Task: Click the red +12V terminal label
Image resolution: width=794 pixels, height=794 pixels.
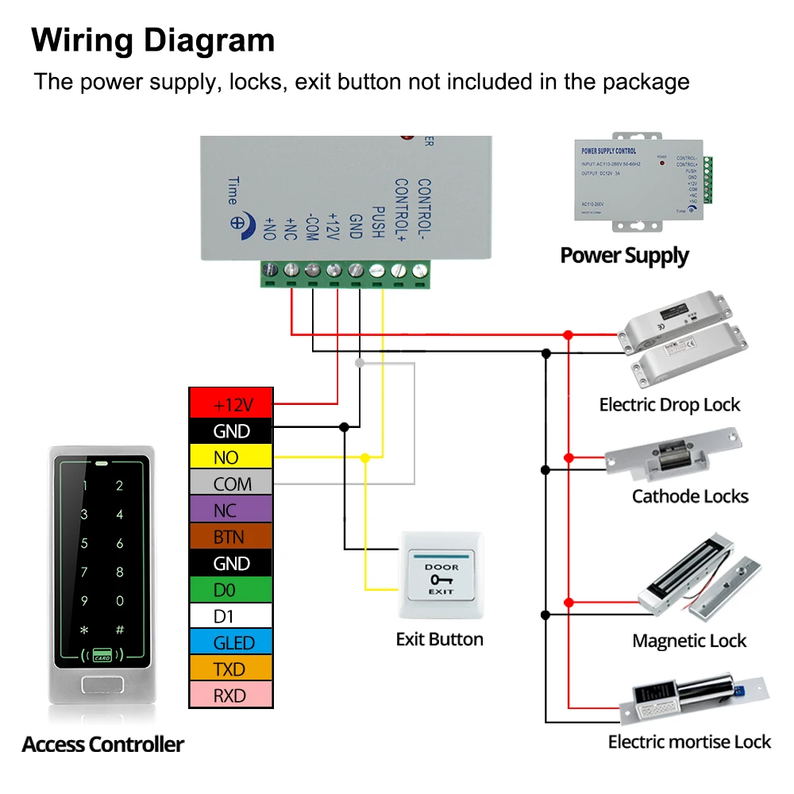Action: coord(231,404)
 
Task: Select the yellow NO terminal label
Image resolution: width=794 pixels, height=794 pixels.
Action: coord(231,457)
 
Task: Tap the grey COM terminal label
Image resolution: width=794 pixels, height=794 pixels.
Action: coord(231,484)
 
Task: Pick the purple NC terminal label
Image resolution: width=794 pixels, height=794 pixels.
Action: coord(231,510)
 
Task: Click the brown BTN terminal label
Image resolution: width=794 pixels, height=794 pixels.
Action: coord(231,537)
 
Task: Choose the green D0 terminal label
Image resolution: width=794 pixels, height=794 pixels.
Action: coord(231,590)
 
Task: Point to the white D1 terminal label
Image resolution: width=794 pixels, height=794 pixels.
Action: coord(231,616)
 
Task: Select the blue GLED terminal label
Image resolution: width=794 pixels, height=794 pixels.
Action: coord(231,642)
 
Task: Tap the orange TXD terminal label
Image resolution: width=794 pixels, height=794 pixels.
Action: coord(231,669)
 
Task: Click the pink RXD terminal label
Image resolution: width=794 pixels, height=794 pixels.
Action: coord(231,696)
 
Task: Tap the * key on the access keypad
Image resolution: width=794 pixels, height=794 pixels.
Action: coord(84,630)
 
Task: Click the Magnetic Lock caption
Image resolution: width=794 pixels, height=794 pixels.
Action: coord(689,641)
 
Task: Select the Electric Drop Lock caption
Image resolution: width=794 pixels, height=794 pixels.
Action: coord(669,405)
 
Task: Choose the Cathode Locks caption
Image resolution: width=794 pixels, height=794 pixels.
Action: coord(690,497)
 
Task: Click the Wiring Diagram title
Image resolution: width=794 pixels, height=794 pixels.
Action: coord(153,40)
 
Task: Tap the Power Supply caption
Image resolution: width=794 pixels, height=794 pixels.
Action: coord(624,256)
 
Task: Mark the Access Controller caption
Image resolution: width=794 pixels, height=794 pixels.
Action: coord(103,745)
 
